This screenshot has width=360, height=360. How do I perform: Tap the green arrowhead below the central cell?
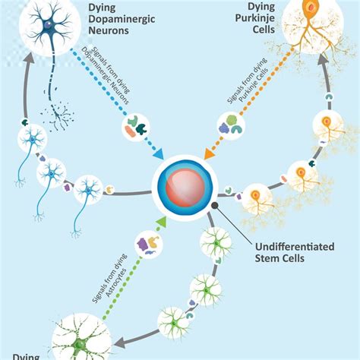coord(162,220)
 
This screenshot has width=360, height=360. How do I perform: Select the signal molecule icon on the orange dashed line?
coord(232,124)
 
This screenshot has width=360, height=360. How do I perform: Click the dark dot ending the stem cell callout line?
coord(215,206)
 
